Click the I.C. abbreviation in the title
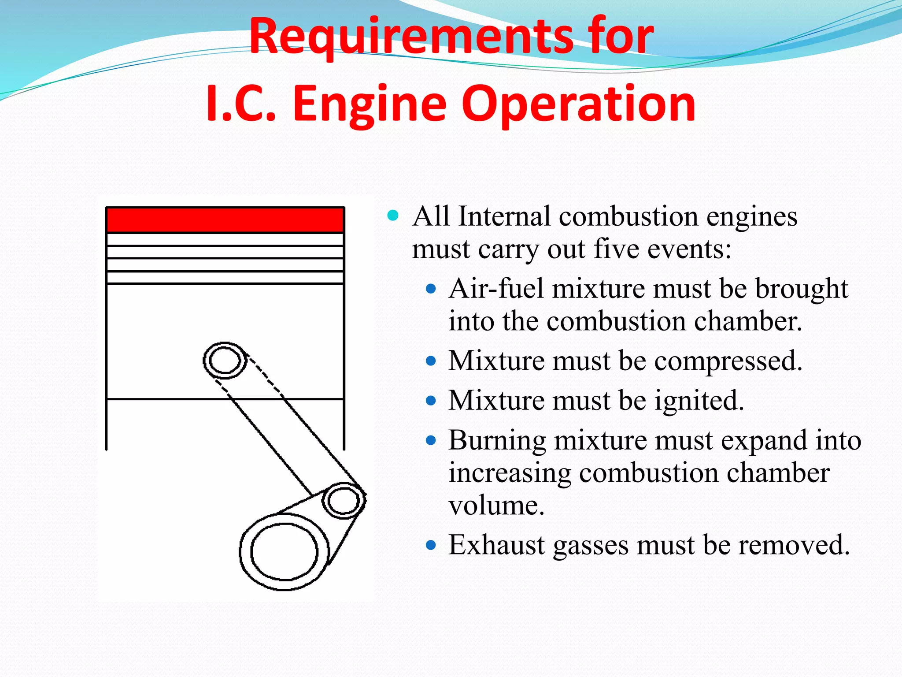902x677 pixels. coord(241,105)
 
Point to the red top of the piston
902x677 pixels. coord(225,220)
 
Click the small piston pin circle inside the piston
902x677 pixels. coord(225,361)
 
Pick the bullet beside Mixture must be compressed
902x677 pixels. coord(431,361)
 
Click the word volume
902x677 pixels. coord(496,506)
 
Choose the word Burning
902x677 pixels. coord(497,441)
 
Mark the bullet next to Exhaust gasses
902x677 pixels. coord(431,546)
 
